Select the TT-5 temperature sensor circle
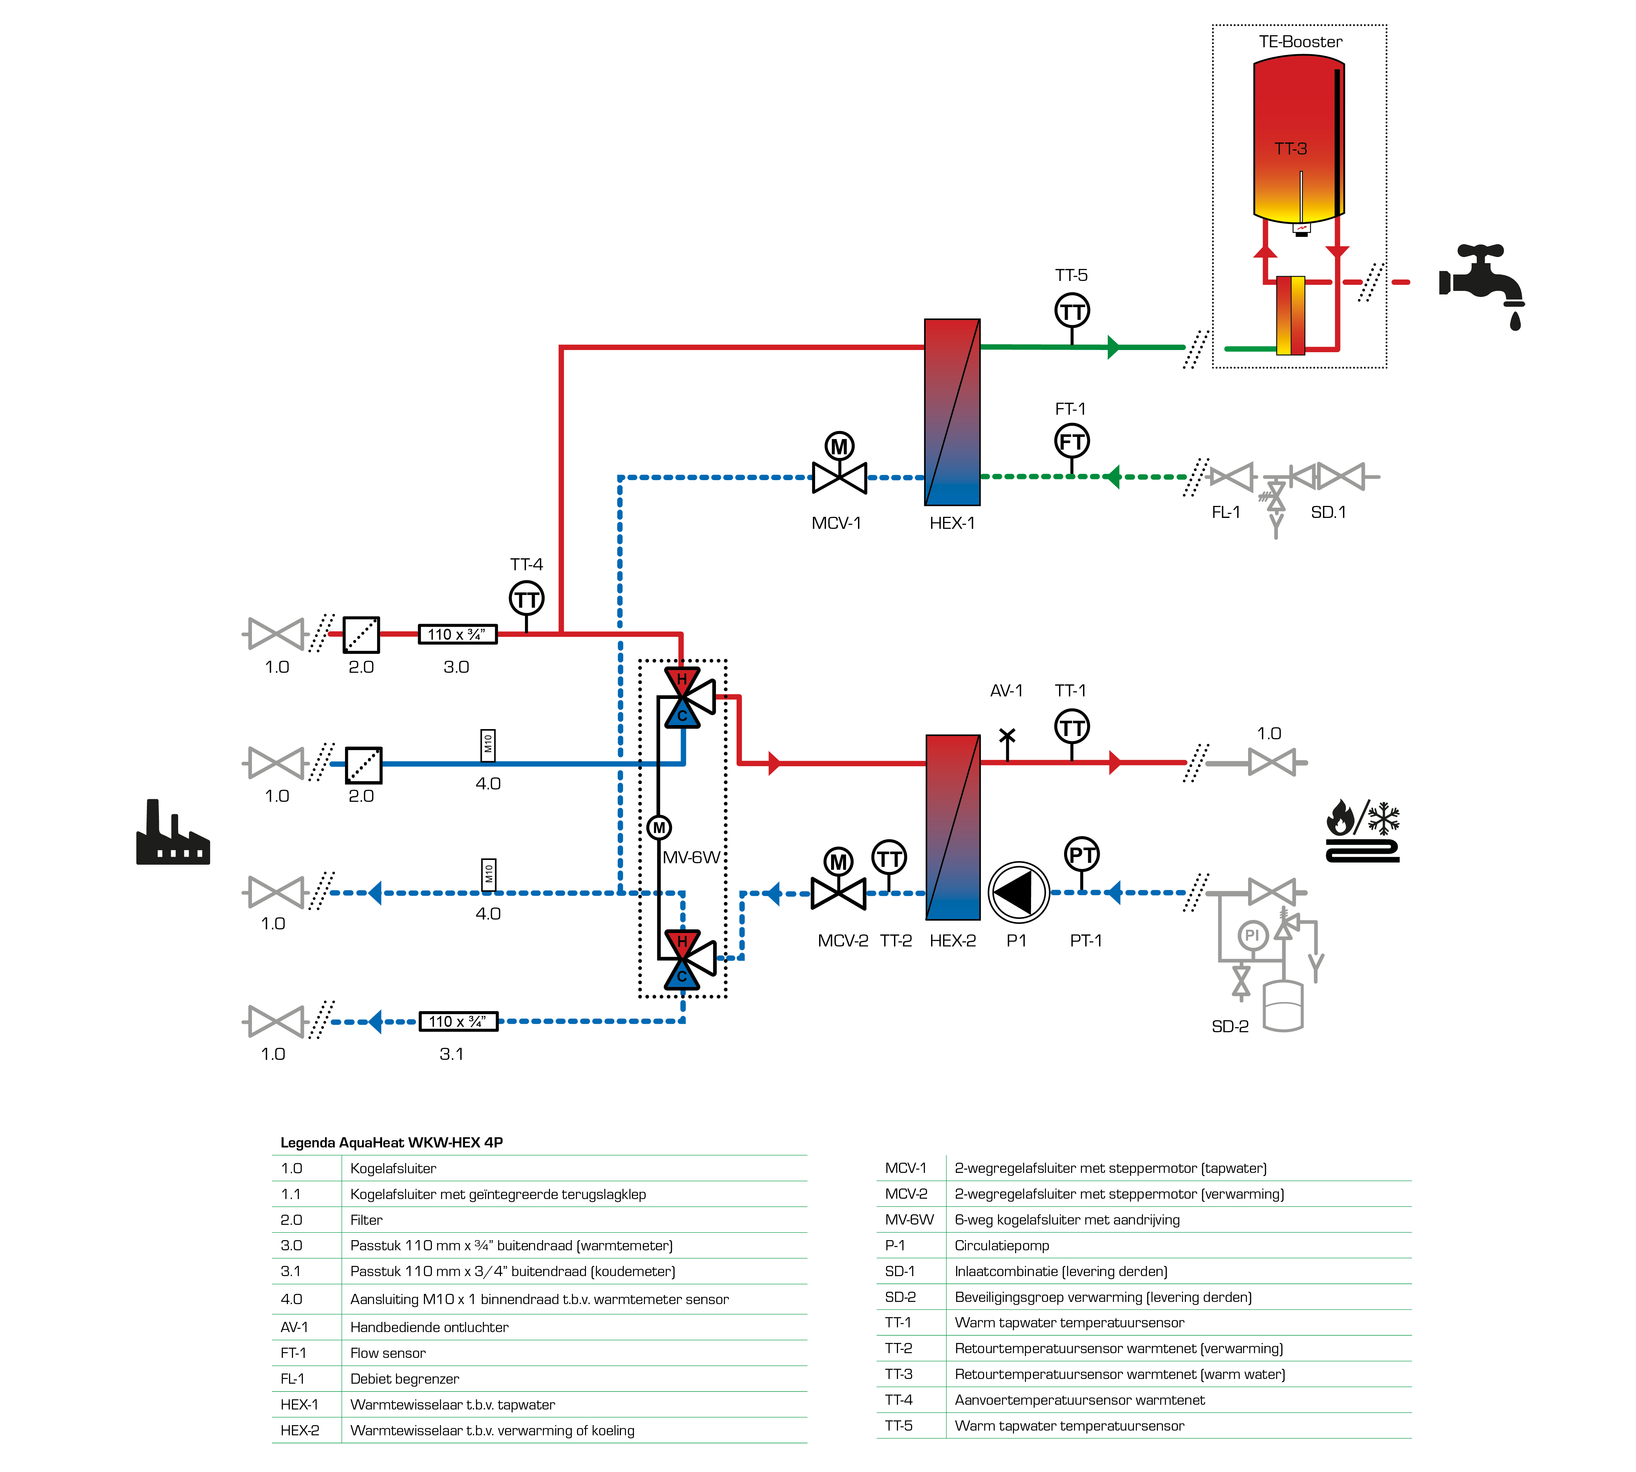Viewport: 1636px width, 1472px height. [x=1072, y=311]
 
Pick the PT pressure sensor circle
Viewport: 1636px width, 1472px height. [x=1082, y=854]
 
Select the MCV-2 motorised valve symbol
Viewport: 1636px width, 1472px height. [x=838, y=880]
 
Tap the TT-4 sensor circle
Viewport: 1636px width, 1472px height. [x=527, y=599]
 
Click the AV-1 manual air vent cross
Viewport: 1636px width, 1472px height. [x=1007, y=736]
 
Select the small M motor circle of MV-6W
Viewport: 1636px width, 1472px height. [x=659, y=827]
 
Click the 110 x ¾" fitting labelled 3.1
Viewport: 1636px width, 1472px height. [x=458, y=1022]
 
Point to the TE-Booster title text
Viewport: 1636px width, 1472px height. [x=1300, y=41]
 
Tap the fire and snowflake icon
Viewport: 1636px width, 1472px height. [x=1363, y=832]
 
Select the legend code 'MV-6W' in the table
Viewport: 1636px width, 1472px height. [x=909, y=1220]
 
